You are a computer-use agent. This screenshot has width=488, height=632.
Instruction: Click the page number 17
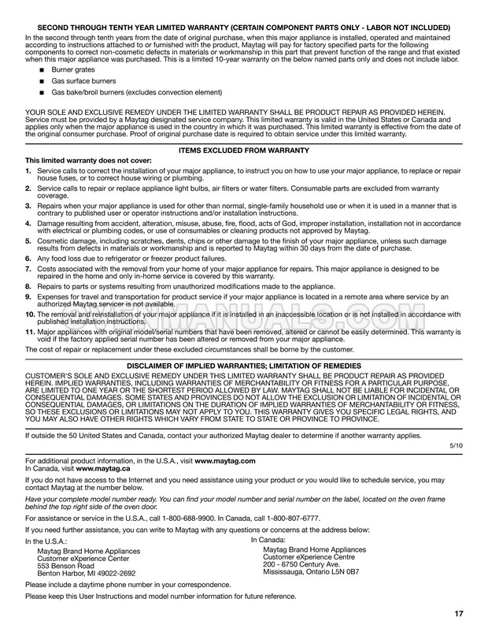pyautogui.click(x=459, y=614)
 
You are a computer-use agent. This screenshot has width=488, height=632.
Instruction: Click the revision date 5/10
pyautogui.click(x=456, y=446)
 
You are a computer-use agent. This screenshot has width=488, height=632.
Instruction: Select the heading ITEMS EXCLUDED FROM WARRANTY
pyautogui.click(x=244, y=150)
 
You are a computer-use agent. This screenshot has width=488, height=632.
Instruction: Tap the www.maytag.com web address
pyautogui.click(x=225, y=459)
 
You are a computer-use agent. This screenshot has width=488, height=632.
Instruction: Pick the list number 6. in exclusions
pyautogui.click(x=29, y=258)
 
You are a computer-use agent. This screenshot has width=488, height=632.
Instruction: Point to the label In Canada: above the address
pyautogui.click(x=272, y=540)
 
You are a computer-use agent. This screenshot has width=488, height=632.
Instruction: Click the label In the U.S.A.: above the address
pyautogui.click(x=46, y=542)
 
